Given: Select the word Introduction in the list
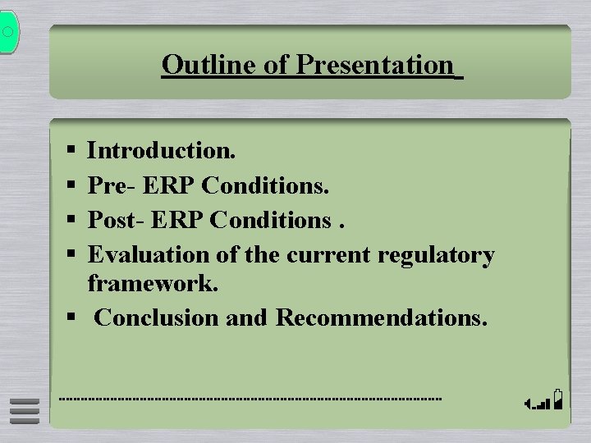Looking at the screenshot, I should click(x=161, y=150).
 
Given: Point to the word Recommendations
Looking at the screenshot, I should click(x=381, y=317).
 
